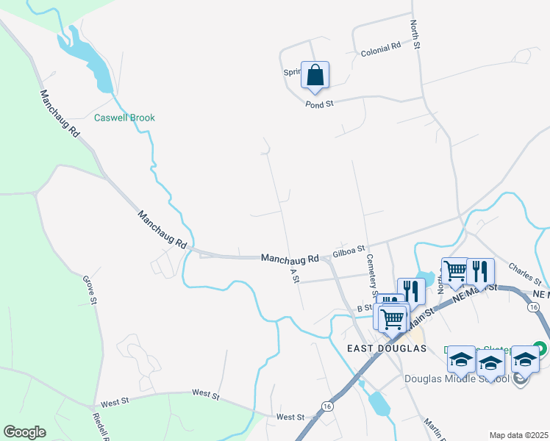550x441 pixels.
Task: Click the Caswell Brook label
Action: point(124,118)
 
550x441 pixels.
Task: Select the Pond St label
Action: point(320,104)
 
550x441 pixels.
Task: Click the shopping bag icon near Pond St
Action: point(315,75)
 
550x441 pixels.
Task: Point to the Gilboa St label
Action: point(349,251)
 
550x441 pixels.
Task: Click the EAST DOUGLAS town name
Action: point(387,348)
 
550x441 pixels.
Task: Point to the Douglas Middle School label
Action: point(457,379)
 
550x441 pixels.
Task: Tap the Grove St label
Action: point(90,289)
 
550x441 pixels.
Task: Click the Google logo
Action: point(24,432)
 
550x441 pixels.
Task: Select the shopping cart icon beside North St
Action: point(455,271)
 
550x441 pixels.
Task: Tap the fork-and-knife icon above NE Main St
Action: point(480,271)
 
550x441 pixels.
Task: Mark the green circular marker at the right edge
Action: point(540,347)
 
